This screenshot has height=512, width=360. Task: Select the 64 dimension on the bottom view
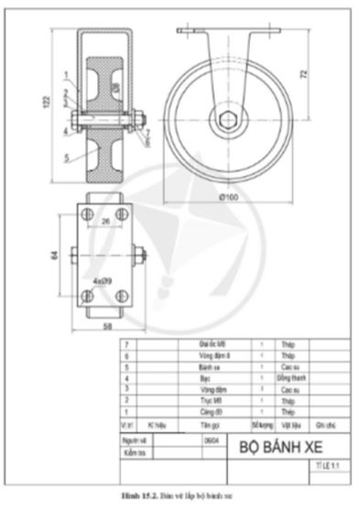coord(55,254)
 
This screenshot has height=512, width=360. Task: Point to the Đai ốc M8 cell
coord(213,343)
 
